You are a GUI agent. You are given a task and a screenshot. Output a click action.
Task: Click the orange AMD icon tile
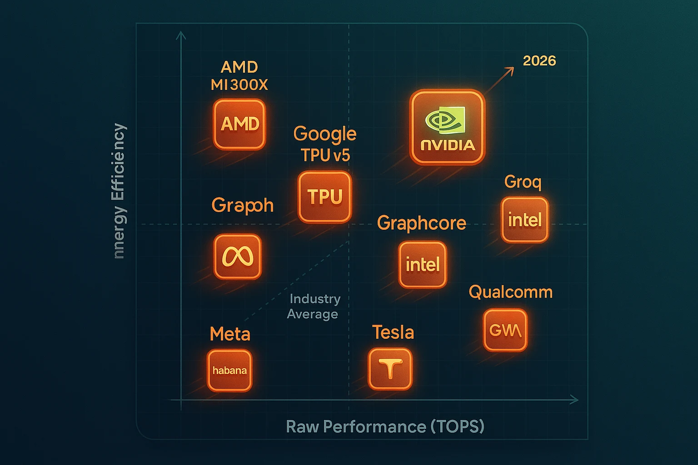(239, 124)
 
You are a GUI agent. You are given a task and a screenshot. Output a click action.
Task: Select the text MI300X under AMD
(239, 85)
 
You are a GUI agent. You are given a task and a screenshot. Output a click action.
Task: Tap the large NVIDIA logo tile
(448, 127)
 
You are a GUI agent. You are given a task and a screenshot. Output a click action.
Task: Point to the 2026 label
(539, 61)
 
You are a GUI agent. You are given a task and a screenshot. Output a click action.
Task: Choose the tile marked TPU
(324, 197)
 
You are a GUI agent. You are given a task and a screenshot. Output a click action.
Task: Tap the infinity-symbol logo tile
(237, 257)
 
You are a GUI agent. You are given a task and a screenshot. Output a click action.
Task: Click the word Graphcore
(422, 223)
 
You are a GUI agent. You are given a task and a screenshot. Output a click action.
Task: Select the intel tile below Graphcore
(423, 265)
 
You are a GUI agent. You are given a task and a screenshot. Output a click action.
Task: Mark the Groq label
(523, 182)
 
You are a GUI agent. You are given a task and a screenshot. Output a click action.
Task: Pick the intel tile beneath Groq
(525, 220)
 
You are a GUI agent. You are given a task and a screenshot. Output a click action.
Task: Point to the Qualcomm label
(510, 292)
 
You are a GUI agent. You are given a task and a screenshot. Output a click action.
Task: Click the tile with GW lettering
(505, 330)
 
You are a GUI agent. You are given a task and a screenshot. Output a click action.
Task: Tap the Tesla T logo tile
(390, 369)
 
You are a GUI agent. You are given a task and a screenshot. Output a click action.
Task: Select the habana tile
(229, 371)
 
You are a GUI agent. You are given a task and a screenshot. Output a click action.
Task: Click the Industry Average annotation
(314, 307)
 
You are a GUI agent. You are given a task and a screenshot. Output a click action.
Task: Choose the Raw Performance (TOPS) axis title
(385, 427)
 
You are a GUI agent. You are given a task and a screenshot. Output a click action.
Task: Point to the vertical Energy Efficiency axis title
(119, 191)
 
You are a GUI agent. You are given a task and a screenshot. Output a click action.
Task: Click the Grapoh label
(243, 206)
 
